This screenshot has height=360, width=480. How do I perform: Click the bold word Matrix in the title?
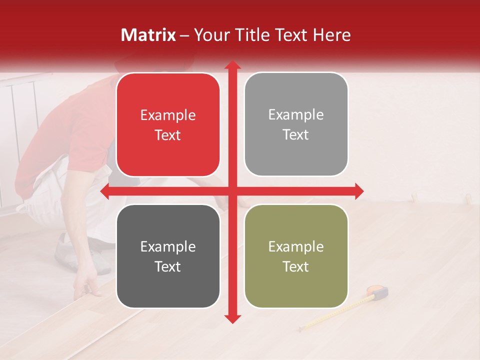[x=148, y=35]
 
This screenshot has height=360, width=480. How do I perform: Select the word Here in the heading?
[x=332, y=35]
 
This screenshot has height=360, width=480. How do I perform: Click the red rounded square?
[x=168, y=125]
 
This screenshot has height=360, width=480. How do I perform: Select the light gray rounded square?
[x=296, y=124]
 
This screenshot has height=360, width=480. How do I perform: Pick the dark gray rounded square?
[x=168, y=256]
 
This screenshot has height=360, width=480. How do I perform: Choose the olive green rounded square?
[x=296, y=256]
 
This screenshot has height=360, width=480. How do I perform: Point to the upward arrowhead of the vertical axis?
[x=232, y=65]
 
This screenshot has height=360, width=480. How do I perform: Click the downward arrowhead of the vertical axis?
[x=232, y=318]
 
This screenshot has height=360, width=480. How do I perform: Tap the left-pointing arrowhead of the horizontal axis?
[x=105, y=191]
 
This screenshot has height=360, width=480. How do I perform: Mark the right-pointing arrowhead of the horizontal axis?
[x=358, y=191]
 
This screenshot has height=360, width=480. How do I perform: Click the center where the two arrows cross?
[x=232, y=191]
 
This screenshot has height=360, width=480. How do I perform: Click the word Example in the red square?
[x=168, y=115]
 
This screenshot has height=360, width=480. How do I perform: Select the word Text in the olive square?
[x=296, y=267]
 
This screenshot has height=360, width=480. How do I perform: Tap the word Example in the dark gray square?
[x=168, y=247]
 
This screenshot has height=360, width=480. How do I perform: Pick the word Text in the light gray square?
[x=296, y=135]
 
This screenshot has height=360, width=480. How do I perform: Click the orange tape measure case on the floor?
[x=378, y=291]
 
